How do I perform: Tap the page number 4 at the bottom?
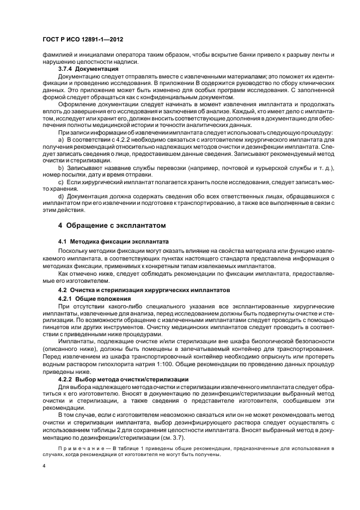[x=44, y=466]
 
